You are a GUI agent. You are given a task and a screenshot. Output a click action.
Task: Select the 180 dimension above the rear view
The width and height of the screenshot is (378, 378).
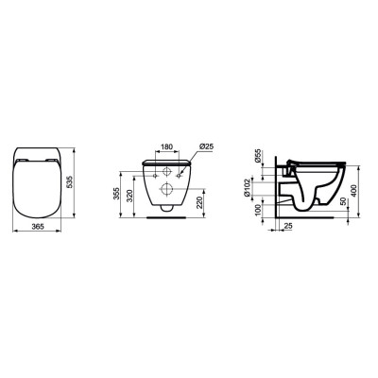[164, 147]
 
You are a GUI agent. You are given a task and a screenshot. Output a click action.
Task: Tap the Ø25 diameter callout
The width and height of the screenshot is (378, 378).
[205, 147]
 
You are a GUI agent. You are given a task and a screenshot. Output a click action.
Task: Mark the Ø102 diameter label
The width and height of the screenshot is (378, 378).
[260, 189]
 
